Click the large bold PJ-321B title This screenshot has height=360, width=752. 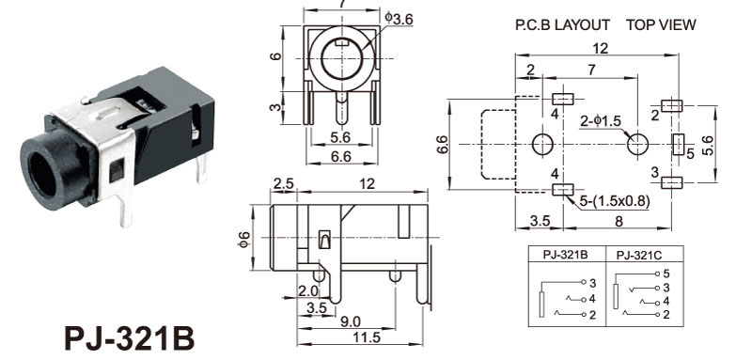click(130, 338)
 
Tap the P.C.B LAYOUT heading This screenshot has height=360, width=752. click(562, 25)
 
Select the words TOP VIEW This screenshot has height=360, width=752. click(661, 25)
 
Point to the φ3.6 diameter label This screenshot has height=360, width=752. click(399, 18)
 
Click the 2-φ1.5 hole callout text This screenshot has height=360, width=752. click(600, 121)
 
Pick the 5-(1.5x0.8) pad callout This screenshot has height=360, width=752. click(615, 202)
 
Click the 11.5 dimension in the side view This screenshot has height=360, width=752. click(368, 337)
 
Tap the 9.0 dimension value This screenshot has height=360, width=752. click(351, 321)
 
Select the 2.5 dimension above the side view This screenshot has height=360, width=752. click(283, 183)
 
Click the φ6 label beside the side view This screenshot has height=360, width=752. click(244, 238)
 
